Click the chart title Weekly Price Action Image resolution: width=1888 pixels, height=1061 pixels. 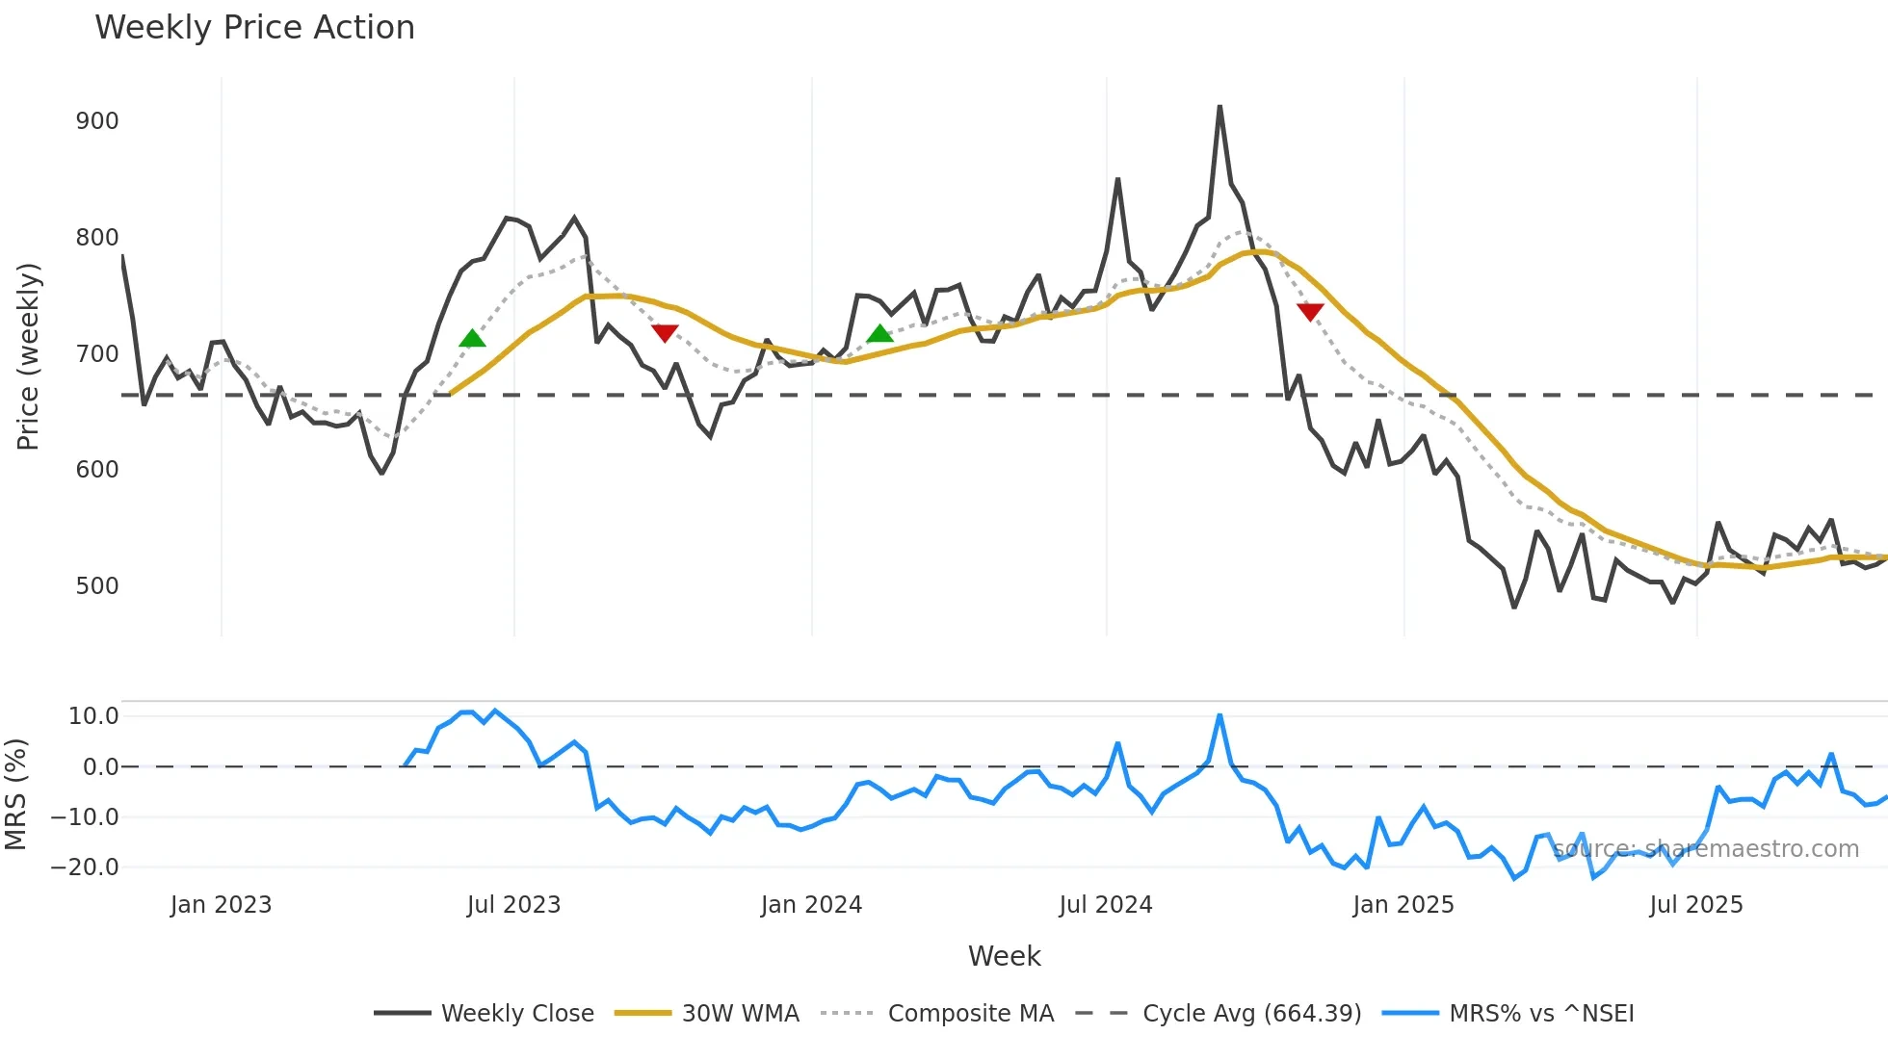[254, 28]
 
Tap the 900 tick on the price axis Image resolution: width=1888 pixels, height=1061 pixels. [97, 121]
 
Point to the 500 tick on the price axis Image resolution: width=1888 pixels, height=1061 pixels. [97, 586]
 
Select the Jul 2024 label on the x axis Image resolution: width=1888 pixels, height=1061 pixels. [1105, 905]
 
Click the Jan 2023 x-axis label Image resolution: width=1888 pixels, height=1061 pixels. [221, 905]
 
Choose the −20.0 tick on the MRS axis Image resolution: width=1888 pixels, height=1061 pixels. [85, 867]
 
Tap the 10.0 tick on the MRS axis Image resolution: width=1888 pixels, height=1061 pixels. [93, 716]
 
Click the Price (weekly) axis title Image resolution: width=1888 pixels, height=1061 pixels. [28, 356]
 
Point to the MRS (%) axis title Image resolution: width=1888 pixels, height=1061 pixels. [15, 794]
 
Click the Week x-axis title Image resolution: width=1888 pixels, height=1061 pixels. [1004, 956]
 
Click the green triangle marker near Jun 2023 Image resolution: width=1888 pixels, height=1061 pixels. [472, 338]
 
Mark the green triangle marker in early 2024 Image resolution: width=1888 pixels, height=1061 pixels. [879, 334]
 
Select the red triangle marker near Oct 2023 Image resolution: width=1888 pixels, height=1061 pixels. [665, 333]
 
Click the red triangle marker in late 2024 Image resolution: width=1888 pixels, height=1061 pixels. [1310, 311]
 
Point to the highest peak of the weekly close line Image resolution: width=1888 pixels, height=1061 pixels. [1219, 107]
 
